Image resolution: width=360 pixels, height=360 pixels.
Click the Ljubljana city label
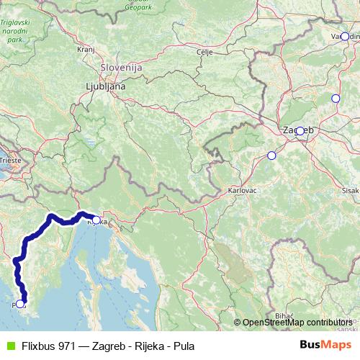tap(105, 85)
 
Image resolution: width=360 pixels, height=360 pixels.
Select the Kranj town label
tap(86, 50)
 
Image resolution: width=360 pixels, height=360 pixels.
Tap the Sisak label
tap(351, 190)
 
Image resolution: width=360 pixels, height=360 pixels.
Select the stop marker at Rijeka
tap(96, 220)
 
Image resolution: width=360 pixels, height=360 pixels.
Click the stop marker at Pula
tap(22, 305)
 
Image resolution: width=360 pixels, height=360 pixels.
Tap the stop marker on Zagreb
tap(300, 131)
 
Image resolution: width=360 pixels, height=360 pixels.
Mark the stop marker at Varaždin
tap(345, 36)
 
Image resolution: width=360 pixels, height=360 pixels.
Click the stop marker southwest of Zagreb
tap(271, 155)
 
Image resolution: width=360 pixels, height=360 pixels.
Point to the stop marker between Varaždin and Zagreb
tap(335, 99)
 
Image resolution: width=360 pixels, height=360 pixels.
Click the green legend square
tap(10, 346)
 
